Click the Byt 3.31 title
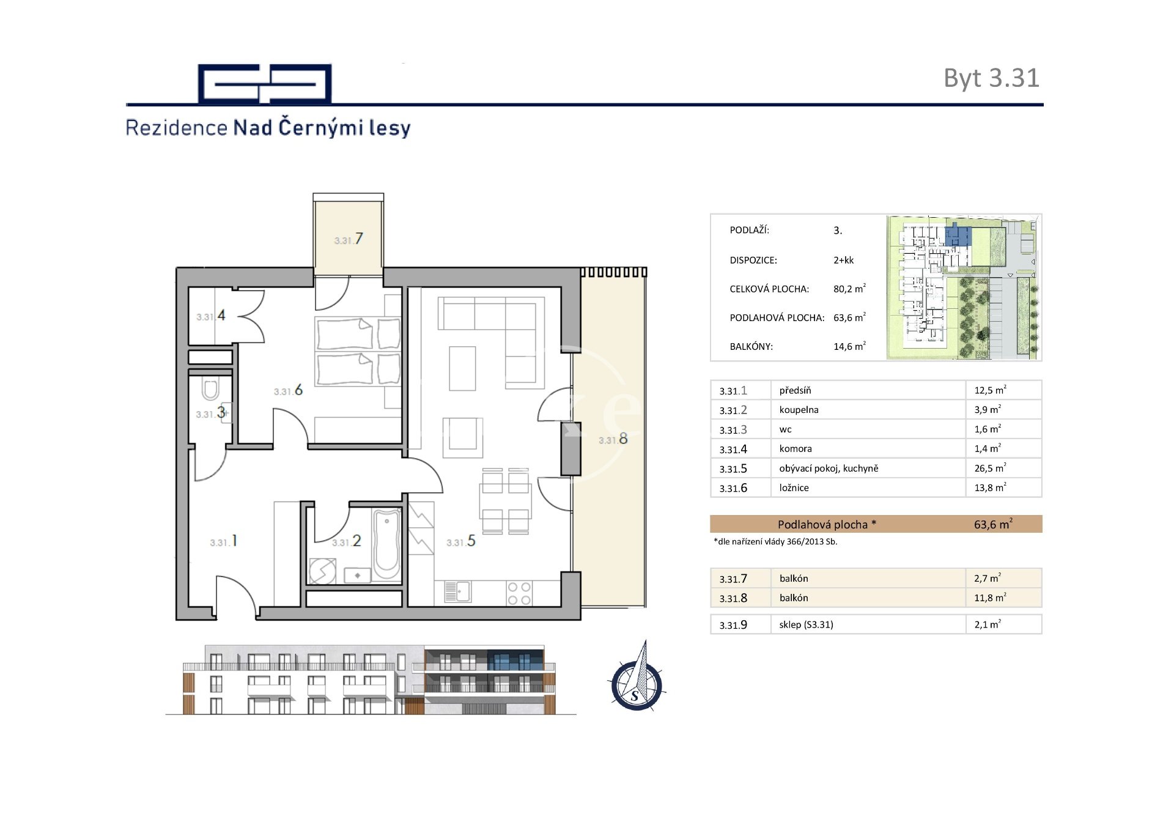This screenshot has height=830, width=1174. click(991, 78)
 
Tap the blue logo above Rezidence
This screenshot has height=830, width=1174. click(265, 83)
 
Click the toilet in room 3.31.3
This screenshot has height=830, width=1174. click(210, 390)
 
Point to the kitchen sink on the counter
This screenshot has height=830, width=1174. click(456, 591)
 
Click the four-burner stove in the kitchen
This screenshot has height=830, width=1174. click(519, 593)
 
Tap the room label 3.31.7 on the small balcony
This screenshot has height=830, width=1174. click(349, 239)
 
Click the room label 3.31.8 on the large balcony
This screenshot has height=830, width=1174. click(613, 439)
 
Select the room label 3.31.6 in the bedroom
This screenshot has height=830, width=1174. click(288, 390)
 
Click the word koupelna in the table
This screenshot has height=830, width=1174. click(799, 410)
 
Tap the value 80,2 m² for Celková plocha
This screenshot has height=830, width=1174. click(849, 289)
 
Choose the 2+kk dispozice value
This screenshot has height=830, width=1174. click(843, 260)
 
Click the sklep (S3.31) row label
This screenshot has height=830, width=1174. click(806, 624)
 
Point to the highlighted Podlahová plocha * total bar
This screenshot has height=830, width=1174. click(876, 524)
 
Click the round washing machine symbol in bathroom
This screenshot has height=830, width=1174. click(322, 572)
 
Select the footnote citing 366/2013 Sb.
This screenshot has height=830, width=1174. click(775, 542)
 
